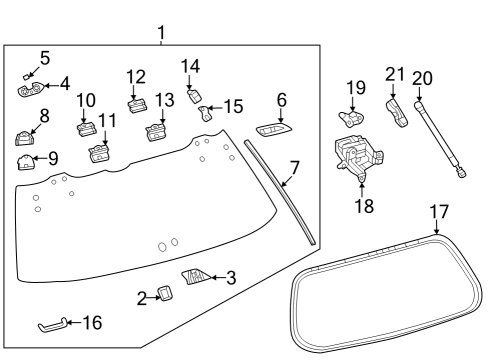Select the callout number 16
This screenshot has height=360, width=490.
click(91, 323)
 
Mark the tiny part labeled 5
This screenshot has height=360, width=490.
click(29, 74)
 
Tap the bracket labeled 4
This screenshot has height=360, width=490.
click(28, 91)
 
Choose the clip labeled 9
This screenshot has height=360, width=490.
click(24, 159)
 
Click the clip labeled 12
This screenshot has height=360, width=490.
click(137, 103)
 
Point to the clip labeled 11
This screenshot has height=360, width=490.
click(98, 153)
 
